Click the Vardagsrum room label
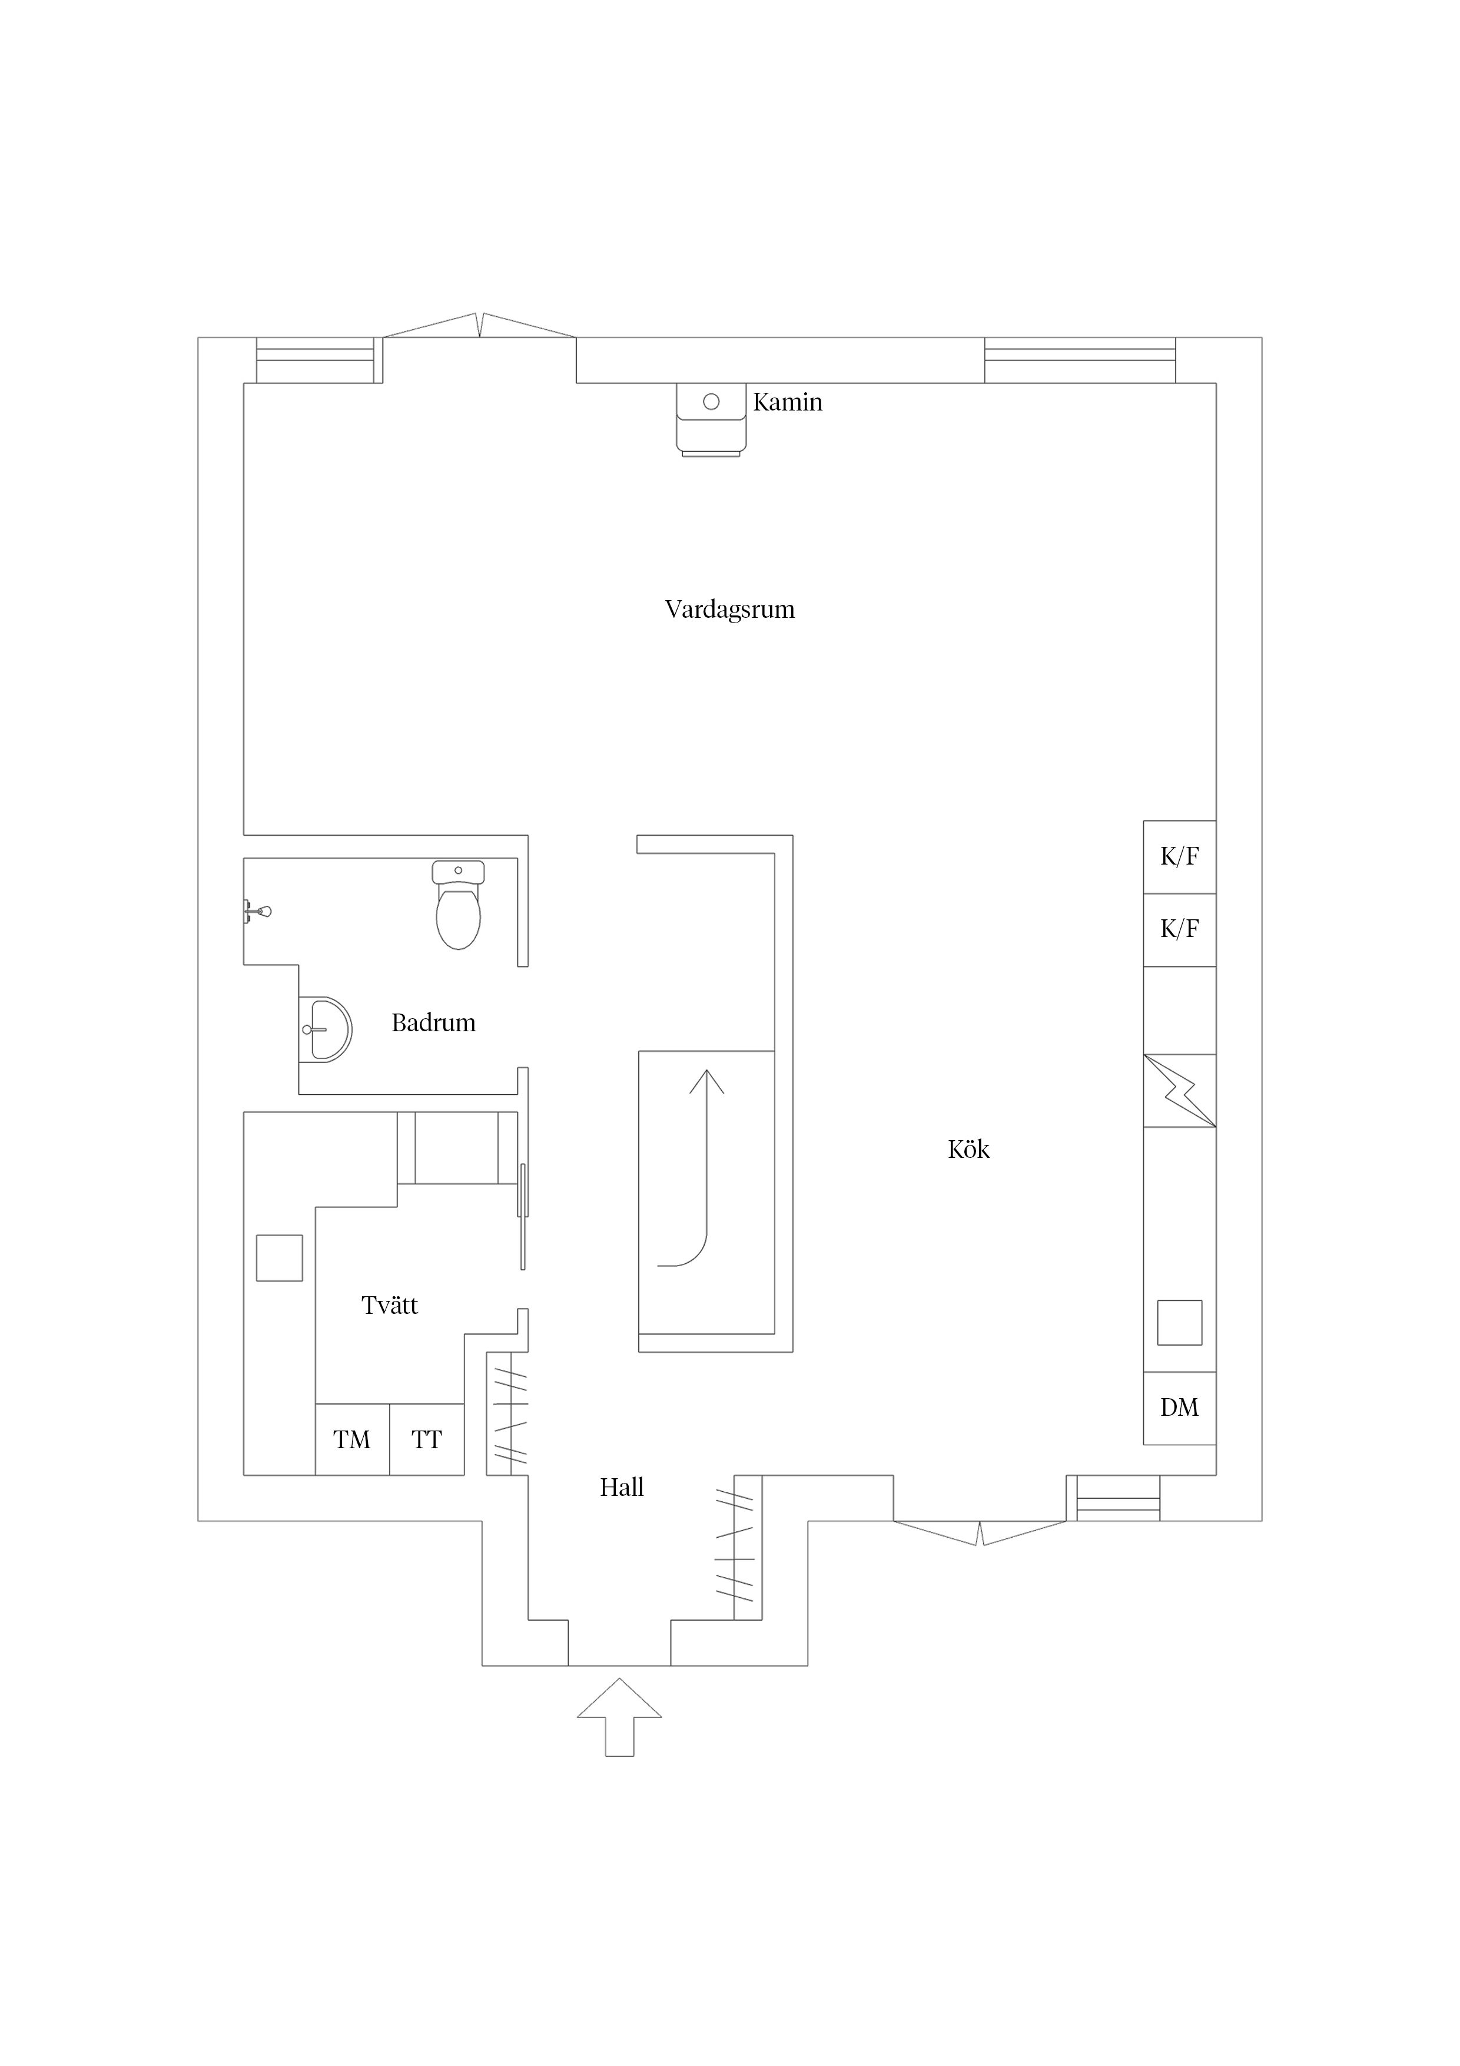729,610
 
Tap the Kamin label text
787,402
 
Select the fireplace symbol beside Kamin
711,419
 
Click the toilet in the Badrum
458,905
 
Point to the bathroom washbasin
325,1029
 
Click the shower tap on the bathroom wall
257,912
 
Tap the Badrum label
434,1023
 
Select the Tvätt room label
390,1306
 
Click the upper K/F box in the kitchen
1179,857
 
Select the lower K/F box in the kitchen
1179,929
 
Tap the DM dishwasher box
1179,1408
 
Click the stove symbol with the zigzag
1179,1091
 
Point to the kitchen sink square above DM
1179,1323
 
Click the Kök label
969,1150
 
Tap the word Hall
622,1488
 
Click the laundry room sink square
279,1258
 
